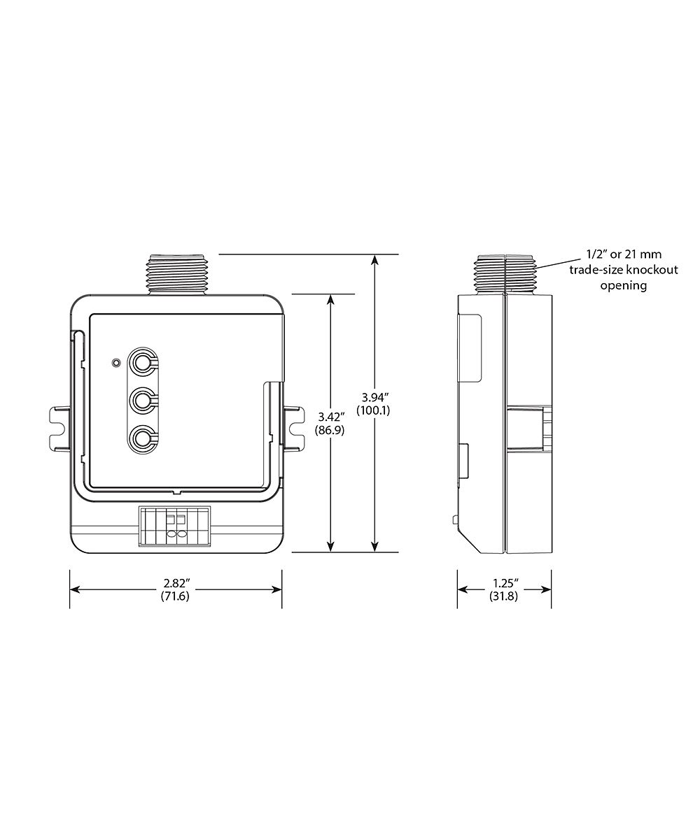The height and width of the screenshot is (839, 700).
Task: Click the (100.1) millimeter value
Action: click(x=373, y=410)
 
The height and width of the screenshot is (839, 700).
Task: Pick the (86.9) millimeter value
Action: click(x=330, y=430)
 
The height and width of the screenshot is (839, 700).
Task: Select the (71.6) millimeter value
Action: click(x=175, y=596)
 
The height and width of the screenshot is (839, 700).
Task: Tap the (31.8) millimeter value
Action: click(x=504, y=596)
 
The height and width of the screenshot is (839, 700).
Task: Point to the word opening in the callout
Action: click(x=624, y=286)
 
